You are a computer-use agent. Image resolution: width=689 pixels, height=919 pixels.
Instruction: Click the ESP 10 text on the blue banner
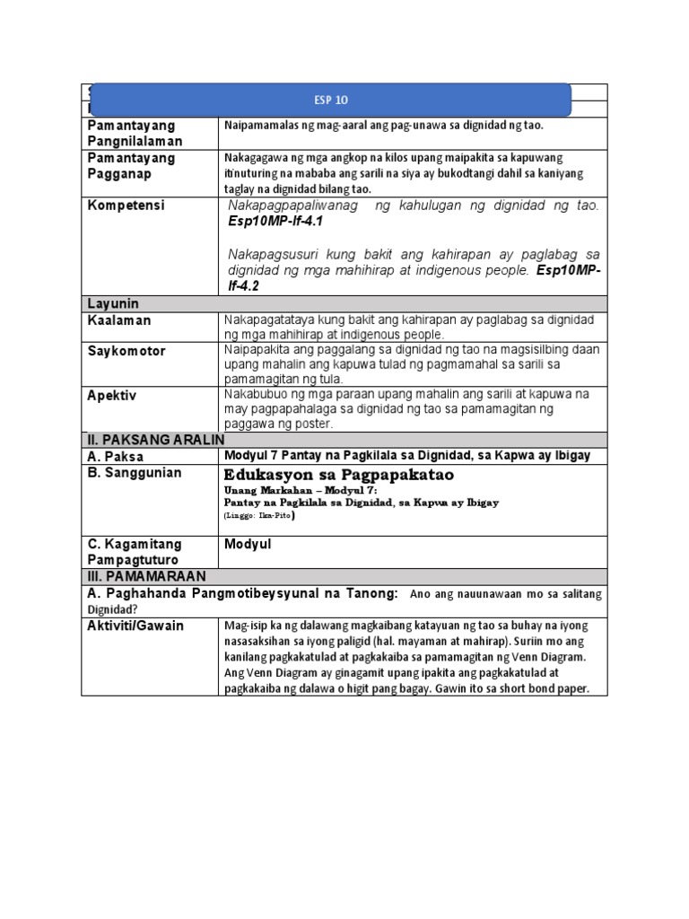click(x=331, y=101)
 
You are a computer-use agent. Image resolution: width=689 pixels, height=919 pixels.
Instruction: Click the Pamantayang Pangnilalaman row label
click(x=132, y=133)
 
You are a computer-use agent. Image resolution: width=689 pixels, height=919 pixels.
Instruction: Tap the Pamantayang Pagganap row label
click(x=132, y=165)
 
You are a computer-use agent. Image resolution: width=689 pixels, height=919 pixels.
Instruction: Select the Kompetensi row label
click(x=126, y=206)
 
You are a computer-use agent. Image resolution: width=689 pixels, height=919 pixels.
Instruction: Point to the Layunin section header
click(x=113, y=303)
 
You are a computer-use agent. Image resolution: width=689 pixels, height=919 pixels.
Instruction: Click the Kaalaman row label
click(x=119, y=319)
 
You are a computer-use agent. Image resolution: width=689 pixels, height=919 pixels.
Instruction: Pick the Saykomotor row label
click(x=126, y=351)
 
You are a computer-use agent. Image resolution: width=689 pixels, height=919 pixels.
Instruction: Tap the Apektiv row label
click(x=113, y=394)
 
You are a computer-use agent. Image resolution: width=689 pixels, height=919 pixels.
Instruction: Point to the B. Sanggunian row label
click(x=135, y=472)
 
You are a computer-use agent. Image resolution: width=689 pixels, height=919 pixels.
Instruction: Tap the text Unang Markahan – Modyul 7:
click(x=301, y=491)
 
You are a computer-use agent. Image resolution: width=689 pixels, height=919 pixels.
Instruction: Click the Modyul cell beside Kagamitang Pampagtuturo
click(x=249, y=544)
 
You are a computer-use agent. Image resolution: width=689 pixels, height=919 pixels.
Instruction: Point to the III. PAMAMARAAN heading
click(x=146, y=575)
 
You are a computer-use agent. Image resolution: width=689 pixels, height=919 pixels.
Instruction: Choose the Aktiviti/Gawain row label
click(x=135, y=626)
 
